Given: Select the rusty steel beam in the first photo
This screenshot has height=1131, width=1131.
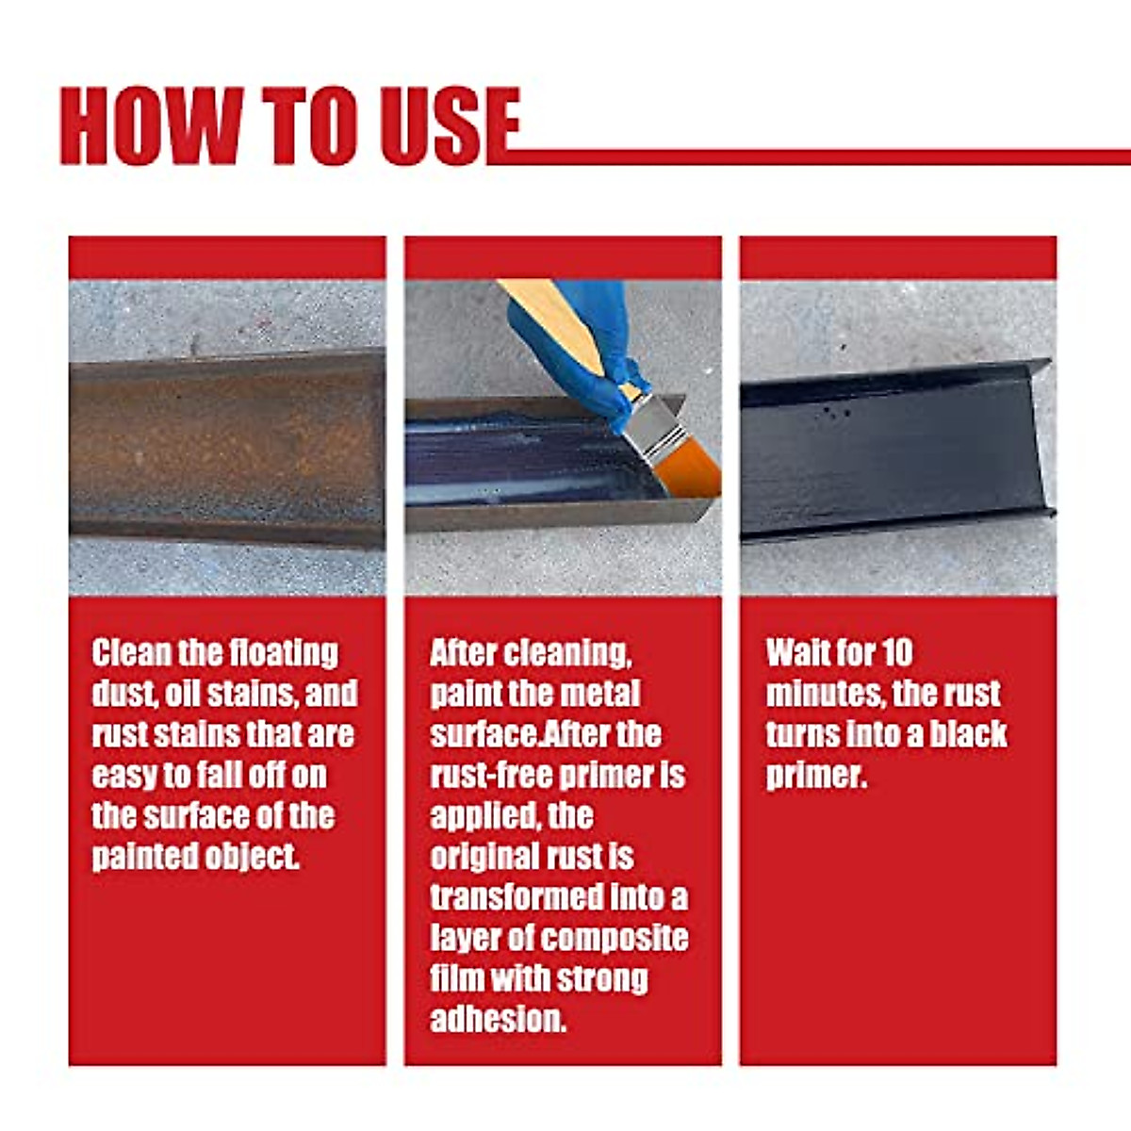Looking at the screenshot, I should click(x=226, y=448).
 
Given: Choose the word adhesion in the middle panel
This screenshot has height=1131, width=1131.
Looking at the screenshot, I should click(x=498, y=1020).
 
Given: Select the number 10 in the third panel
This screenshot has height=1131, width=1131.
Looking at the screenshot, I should click(x=897, y=653).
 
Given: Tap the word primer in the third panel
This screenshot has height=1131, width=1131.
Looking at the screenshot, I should click(x=815, y=776).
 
